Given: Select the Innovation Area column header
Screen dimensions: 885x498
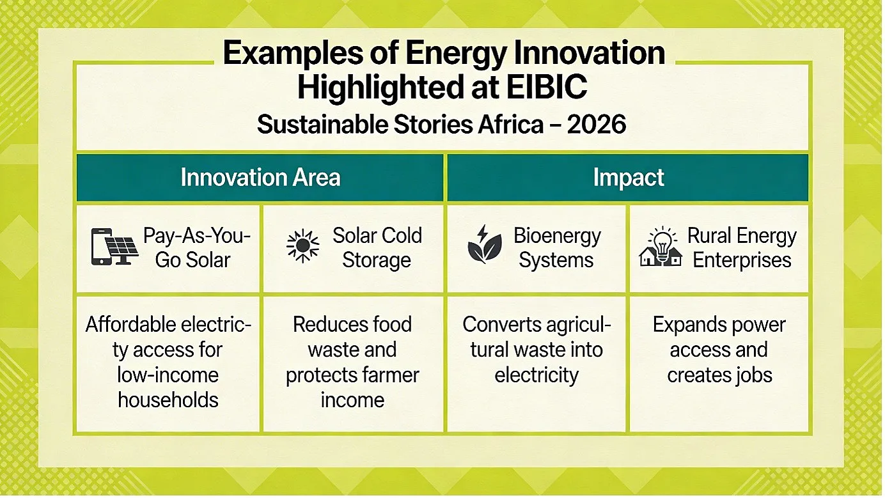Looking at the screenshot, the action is click(x=260, y=177).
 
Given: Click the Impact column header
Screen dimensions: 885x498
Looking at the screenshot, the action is click(x=628, y=177).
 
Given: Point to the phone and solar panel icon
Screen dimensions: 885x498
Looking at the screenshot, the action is click(x=114, y=247).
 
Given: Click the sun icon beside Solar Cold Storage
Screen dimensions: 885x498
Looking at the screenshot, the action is click(x=302, y=246).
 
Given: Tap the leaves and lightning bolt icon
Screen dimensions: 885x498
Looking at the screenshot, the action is click(x=484, y=244).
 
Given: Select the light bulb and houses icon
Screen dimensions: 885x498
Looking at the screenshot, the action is click(x=660, y=246).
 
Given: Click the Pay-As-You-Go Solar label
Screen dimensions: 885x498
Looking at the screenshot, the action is click(x=197, y=247).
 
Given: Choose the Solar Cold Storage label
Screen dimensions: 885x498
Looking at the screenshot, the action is click(x=377, y=247).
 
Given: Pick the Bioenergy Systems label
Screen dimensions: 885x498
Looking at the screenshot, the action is click(x=557, y=247).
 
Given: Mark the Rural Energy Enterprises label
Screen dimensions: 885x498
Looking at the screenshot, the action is click(x=742, y=247).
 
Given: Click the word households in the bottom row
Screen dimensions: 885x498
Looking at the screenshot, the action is click(x=168, y=400).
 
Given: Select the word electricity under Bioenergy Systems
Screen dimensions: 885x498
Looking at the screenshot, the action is click(x=536, y=375).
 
